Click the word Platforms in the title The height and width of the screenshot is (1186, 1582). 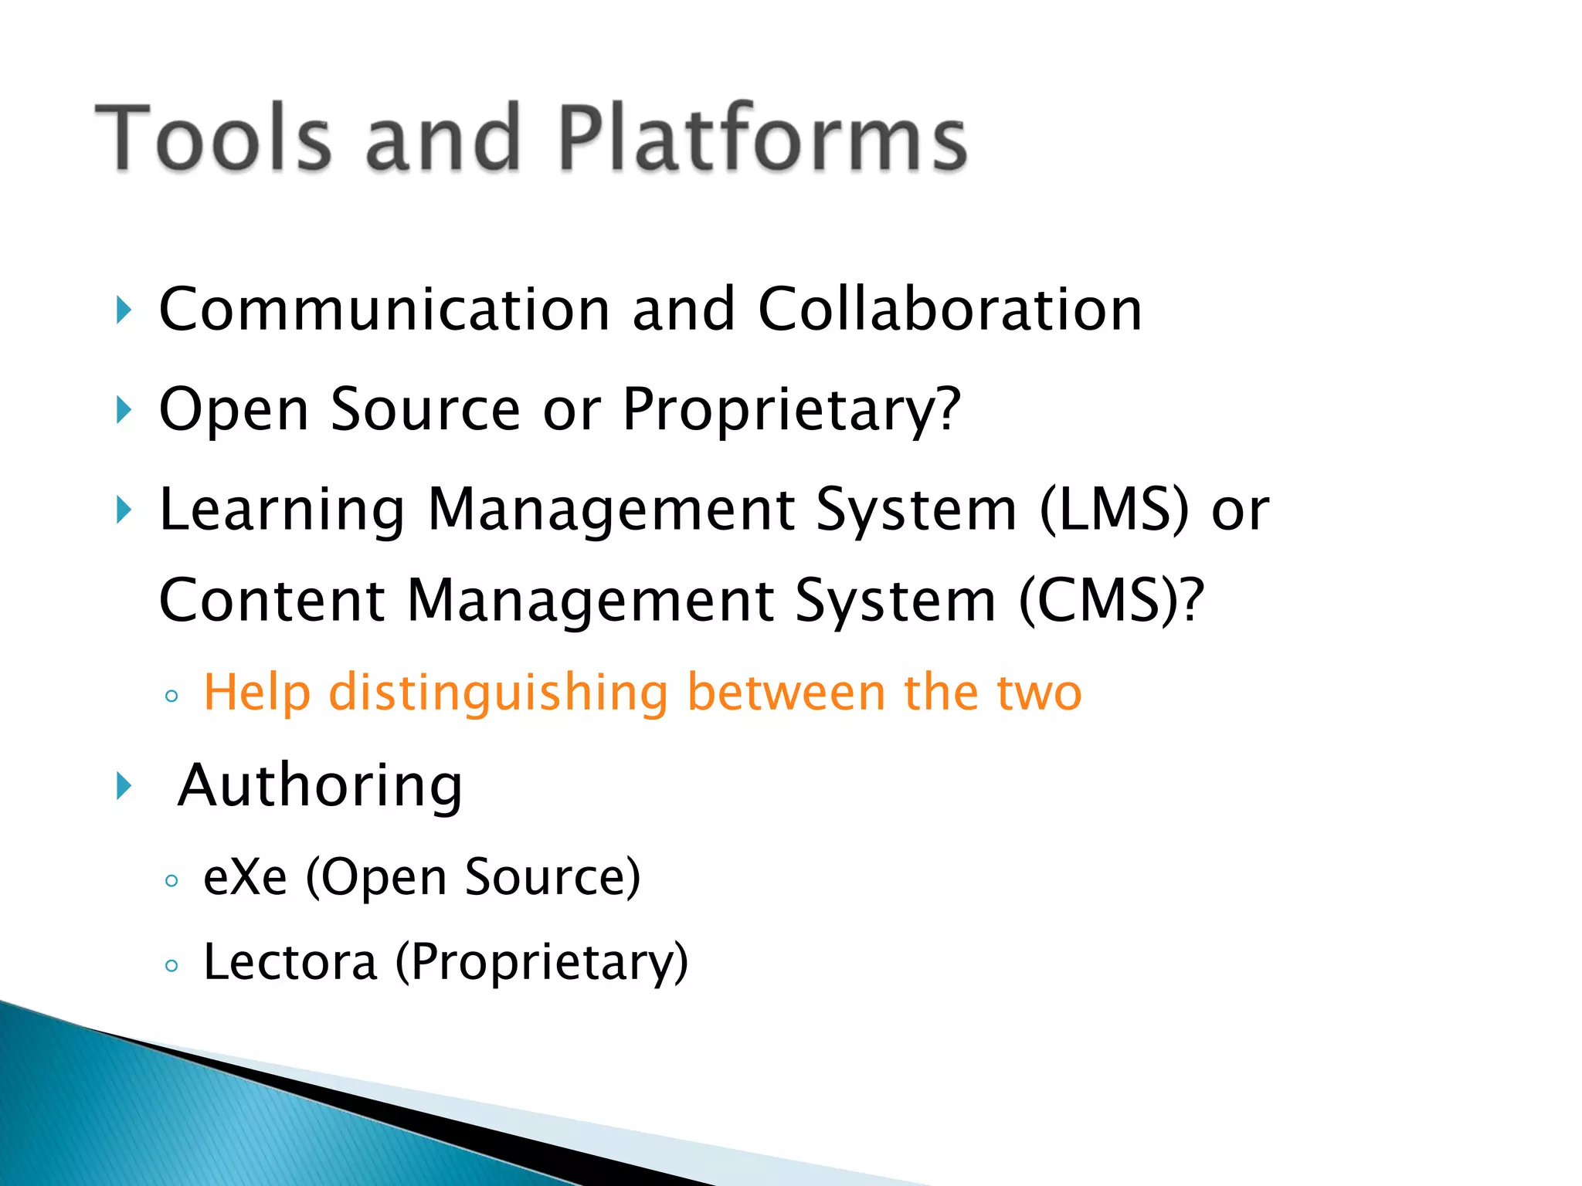point(761,137)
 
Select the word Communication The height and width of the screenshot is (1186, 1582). point(385,309)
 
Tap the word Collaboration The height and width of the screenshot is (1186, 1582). point(949,309)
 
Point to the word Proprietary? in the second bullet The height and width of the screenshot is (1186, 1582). point(792,409)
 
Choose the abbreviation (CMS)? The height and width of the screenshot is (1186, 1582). point(1112,601)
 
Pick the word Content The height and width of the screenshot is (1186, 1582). point(272,601)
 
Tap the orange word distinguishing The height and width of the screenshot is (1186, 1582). point(498,693)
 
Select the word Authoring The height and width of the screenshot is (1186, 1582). point(320,786)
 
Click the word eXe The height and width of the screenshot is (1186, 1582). point(245,877)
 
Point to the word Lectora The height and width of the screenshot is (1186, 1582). point(290,962)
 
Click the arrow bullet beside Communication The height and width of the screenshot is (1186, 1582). point(124,310)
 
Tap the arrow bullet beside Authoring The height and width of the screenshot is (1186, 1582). point(124,786)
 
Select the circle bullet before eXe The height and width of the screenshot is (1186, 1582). point(171,880)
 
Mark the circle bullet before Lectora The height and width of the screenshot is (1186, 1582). point(171,965)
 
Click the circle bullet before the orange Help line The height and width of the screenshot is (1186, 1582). point(171,696)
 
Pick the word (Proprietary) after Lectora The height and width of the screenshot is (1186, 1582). point(541,962)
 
